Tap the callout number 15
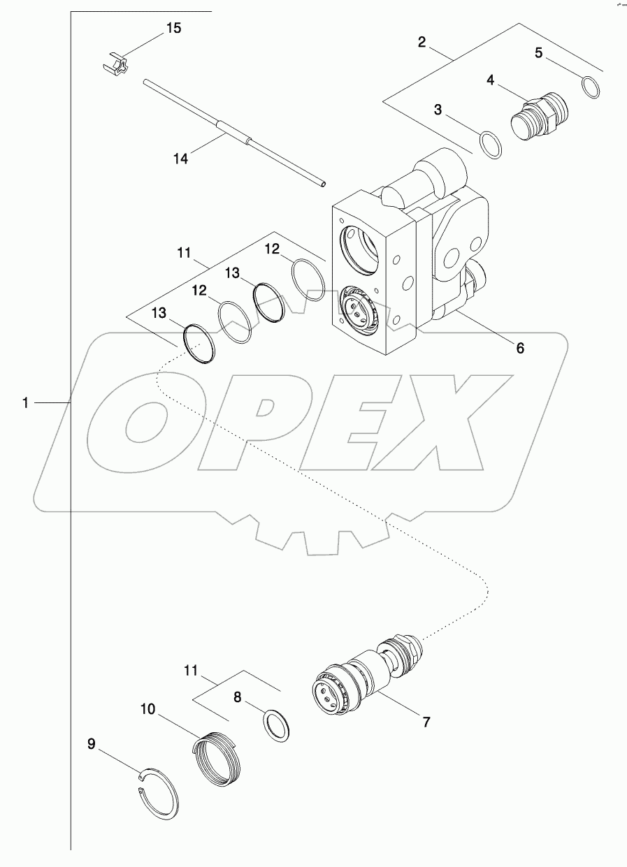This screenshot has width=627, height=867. (173, 28)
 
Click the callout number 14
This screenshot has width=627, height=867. (180, 159)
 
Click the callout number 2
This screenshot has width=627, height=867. (422, 42)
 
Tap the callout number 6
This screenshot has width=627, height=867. (519, 347)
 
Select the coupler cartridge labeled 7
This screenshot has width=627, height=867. (363, 678)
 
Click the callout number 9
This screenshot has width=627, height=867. (92, 744)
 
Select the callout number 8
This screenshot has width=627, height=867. (238, 697)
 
